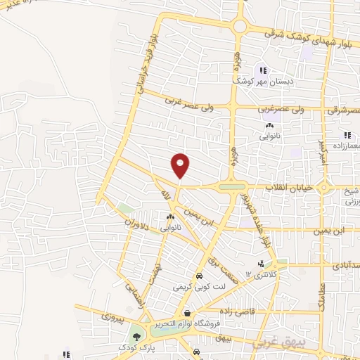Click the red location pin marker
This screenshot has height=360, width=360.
point(181,165)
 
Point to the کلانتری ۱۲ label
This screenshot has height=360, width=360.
point(258,274)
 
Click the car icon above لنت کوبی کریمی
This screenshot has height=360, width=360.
point(199,276)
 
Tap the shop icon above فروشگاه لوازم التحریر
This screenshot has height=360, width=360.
point(187,313)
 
